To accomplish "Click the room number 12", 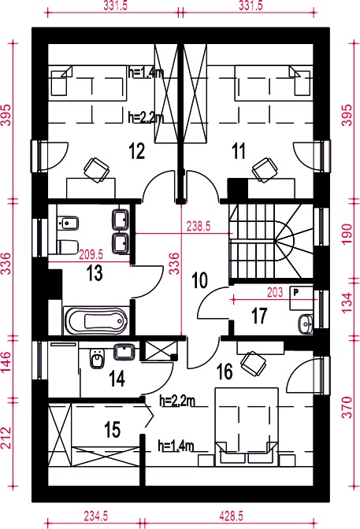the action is pos(137,151).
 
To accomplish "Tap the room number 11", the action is pos(239,151).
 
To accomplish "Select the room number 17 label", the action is pos(259,316).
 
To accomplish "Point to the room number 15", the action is pos(113,430).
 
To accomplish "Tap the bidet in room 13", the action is pos(68,224).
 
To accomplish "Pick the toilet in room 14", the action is pos(97,358).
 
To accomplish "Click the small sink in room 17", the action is pos(306,324).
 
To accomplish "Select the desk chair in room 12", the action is pos(97,170).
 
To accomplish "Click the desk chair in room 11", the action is pos(265,170).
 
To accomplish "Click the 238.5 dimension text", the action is pos(199,227).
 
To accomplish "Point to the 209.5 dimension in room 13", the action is pos(91,255).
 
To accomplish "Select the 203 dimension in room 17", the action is pos(275,292).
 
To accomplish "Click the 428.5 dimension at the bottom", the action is pos(231,516).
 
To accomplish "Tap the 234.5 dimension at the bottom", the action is pos(96,516).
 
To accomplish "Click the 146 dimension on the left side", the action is pos(7,362).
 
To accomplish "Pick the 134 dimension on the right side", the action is pos(348,302).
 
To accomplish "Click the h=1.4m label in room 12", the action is pos(146,72).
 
